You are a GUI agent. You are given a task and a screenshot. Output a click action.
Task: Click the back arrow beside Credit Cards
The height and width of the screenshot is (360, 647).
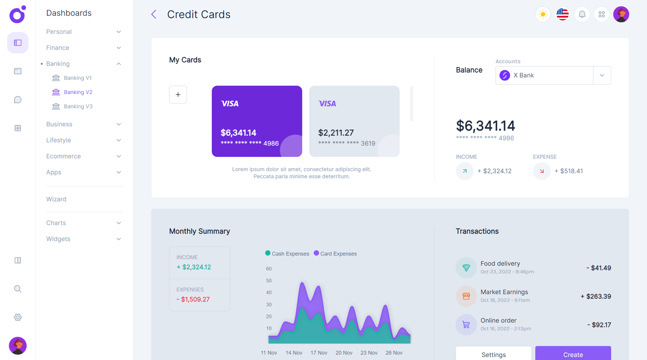click(x=154, y=14)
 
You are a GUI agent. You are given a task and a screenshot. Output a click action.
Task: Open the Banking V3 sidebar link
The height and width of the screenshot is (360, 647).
click(x=78, y=106)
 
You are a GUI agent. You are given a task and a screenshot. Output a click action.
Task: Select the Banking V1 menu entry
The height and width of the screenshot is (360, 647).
click(x=78, y=78)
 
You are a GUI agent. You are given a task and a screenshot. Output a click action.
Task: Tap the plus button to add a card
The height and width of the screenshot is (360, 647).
click(x=178, y=94)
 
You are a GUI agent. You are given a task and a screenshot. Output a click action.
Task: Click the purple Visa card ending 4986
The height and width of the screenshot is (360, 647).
click(x=257, y=121)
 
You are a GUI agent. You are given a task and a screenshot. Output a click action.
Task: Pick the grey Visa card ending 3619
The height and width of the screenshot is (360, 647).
click(x=354, y=121)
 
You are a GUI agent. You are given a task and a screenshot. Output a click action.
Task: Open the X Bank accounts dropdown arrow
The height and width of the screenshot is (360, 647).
click(x=602, y=75)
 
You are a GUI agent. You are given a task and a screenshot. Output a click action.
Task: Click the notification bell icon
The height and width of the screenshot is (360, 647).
click(x=582, y=14)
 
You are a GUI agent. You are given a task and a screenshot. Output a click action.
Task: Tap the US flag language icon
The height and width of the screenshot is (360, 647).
click(x=562, y=14)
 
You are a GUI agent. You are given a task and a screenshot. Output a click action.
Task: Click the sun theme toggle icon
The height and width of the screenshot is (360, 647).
click(x=543, y=14)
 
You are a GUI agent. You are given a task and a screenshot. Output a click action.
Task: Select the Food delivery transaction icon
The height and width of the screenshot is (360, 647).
click(x=466, y=268)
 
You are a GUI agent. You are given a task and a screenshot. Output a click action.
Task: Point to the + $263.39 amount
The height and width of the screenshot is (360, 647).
click(x=596, y=296)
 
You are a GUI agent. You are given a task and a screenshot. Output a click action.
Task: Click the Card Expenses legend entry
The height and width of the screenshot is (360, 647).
click(x=335, y=254)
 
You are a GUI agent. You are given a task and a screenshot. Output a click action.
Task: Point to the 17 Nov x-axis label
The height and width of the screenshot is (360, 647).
click(x=319, y=353)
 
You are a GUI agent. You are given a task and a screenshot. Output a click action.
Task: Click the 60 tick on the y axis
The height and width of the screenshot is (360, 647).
click(x=269, y=269)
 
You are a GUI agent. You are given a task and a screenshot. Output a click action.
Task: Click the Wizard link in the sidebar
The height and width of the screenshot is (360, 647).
click(x=56, y=199)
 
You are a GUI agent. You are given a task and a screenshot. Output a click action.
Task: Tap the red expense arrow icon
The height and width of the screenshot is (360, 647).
click(x=541, y=171)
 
